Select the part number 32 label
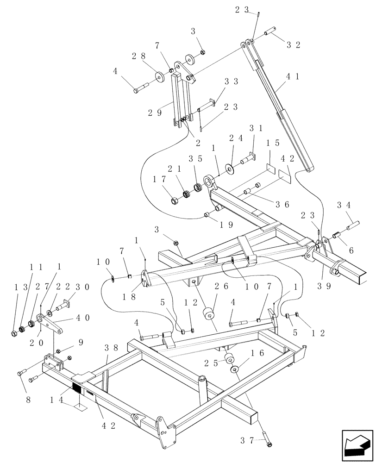click(293, 45)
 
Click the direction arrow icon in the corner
click(357, 447)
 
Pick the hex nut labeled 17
click(175, 201)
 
